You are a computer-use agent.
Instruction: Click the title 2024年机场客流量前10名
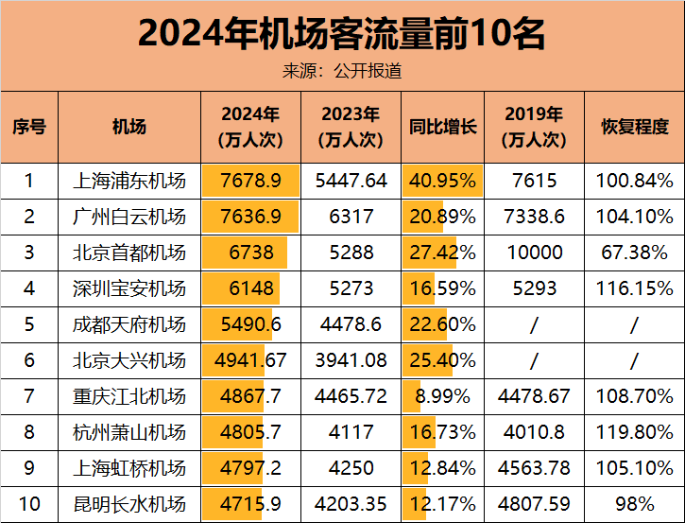(x=342, y=34)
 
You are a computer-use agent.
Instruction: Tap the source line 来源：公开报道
(x=342, y=71)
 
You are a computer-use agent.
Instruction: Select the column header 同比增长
(x=442, y=127)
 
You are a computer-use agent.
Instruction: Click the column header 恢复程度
(x=635, y=127)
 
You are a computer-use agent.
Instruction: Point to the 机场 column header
(x=129, y=127)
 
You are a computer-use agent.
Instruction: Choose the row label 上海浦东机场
(x=129, y=181)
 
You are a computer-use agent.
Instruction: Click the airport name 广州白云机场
(x=129, y=217)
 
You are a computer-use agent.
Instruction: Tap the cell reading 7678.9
(x=250, y=181)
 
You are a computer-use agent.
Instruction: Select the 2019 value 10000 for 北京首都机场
(x=535, y=253)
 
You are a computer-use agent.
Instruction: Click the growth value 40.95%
(x=442, y=181)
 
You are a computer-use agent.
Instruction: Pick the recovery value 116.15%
(x=635, y=288)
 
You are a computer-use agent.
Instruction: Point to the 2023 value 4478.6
(x=351, y=324)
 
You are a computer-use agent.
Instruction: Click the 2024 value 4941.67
(x=250, y=360)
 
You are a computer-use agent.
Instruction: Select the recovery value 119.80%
(x=635, y=432)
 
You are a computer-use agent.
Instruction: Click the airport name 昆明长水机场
(x=129, y=504)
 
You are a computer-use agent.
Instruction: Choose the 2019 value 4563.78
(x=535, y=468)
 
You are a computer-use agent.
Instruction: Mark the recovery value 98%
(x=635, y=504)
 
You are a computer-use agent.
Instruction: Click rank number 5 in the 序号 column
(x=29, y=324)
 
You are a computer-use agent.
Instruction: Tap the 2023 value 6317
(x=351, y=217)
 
